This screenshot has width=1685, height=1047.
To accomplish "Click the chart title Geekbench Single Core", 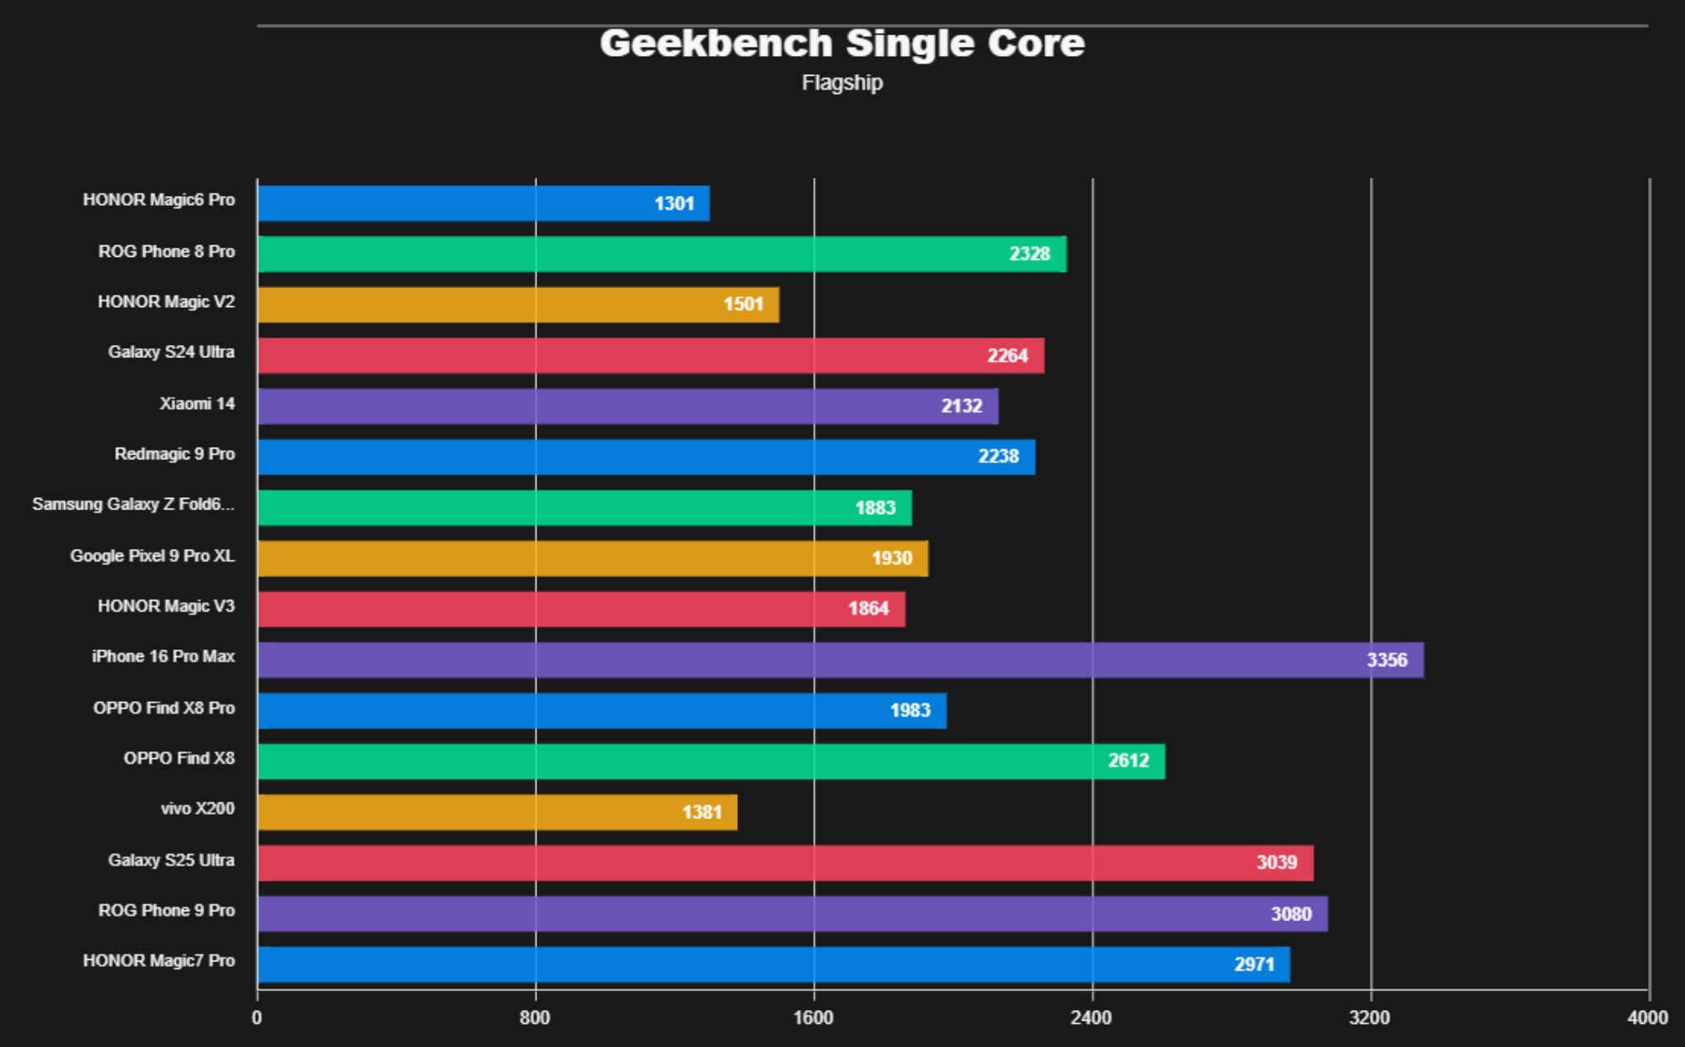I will pos(842,44).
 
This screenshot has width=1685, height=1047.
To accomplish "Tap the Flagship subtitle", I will pos(842,83).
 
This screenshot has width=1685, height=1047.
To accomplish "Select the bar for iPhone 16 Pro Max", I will pos(839,660).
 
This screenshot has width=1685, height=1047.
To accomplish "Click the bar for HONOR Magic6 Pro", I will pos(483,203).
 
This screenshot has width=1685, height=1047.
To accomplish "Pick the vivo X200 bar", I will pos(497,812).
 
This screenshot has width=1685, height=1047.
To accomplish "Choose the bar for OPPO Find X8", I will pos(711,761).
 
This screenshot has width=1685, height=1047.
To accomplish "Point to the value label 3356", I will pos(1386,660).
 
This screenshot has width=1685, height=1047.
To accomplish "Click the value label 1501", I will pos(743,305).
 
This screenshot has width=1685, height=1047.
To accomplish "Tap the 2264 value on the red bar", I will pos(1007,356).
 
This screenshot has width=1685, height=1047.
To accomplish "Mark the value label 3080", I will pos(1290,914).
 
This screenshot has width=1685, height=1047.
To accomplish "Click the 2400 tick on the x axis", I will pos(1091,1018).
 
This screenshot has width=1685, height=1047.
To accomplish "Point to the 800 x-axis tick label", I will pos(535,1018).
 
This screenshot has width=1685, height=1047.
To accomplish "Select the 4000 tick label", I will pos(1647,1018).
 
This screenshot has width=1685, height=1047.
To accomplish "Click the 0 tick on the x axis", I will pos(257,1018).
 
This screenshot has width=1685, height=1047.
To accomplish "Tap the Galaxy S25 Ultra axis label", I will pos(171,860).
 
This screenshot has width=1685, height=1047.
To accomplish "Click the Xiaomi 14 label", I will pos(197,403).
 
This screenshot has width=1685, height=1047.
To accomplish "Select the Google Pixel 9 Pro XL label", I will pos(152,556).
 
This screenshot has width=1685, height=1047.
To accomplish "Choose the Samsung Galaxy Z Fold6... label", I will pos(133,504).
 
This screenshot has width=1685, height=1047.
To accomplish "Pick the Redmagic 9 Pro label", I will pos(174,454).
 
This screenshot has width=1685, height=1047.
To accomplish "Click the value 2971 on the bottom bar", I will pos(1254,965).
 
